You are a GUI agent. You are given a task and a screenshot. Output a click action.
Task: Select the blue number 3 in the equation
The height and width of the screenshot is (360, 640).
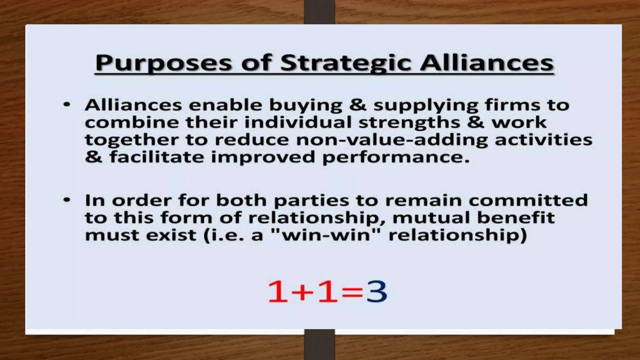click(377, 292)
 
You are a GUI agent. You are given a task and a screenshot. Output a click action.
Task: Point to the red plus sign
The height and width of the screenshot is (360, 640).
click(302, 292)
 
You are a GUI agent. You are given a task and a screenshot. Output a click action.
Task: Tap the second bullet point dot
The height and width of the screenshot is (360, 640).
click(67, 200)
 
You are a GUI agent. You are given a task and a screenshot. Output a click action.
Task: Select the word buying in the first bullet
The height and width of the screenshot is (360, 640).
click(306, 106)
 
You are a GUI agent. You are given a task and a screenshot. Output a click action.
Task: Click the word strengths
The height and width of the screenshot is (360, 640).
click(409, 123)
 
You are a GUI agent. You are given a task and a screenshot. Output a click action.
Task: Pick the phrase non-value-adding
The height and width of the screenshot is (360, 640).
click(392, 140)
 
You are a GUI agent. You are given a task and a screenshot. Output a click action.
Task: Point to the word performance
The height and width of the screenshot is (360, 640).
click(396, 157)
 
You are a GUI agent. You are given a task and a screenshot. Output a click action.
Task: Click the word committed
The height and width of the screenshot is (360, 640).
click(528, 200)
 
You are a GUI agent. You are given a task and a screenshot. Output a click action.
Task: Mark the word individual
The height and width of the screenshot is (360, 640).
click(298, 122)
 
